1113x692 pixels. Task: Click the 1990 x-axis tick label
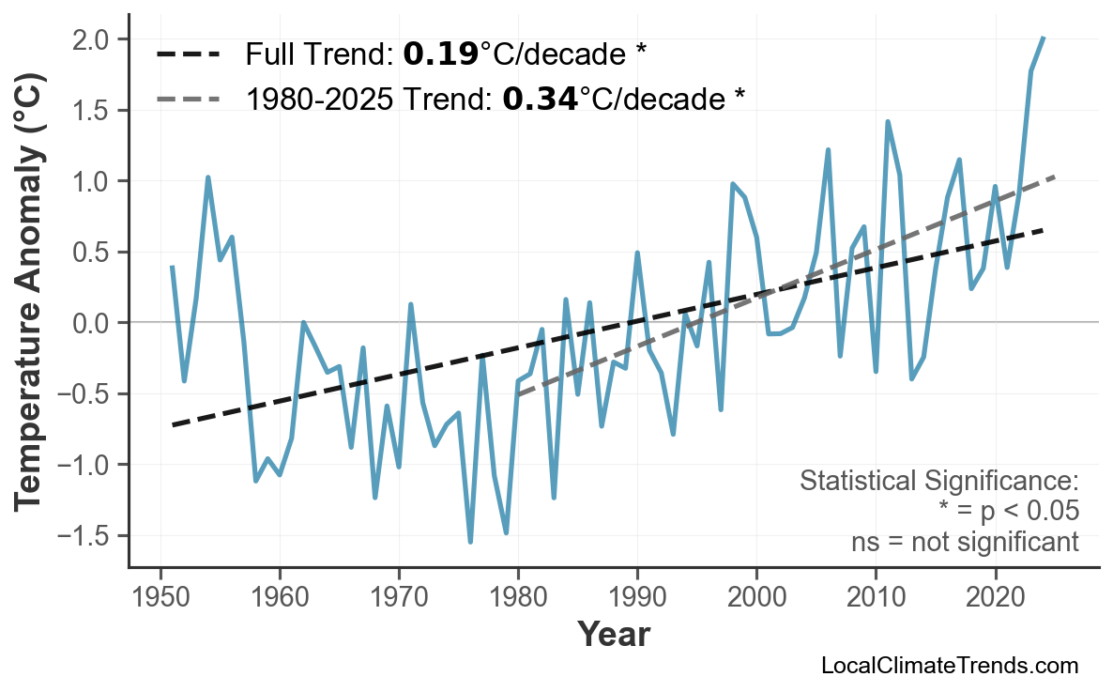[x=637, y=597]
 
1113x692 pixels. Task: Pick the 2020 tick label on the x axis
[x=995, y=597]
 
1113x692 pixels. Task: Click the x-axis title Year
[x=613, y=635]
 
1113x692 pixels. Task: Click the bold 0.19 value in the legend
[x=440, y=54]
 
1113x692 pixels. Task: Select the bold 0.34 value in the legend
[x=540, y=98]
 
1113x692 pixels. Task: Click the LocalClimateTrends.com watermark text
[x=949, y=666]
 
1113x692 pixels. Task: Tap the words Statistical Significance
[x=938, y=482]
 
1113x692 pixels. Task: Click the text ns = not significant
[x=965, y=542]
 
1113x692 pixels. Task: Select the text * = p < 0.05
[x=1008, y=512]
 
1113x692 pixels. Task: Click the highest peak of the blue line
[x=1044, y=38]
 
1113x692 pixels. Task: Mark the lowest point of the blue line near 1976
[x=470, y=542]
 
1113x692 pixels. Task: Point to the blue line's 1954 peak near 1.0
[x=207, y=177]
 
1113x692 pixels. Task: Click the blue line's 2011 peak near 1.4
[x=887, y=121]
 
